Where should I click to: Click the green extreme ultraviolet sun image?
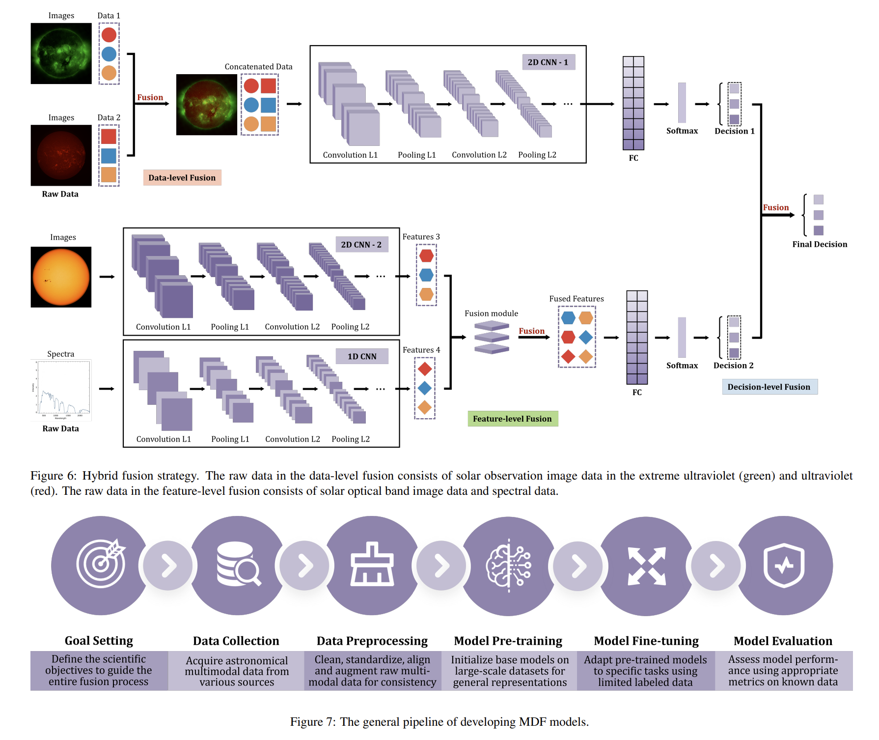pyautogui.click(x=61, y=54)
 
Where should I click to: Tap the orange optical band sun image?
pyautogui.click(x=61, y=277)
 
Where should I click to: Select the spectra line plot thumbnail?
pyautogui.click(x=61, y=390)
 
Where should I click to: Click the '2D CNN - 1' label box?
pyautogui.click(x=548, y=62)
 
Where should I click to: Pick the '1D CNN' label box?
pyautogui.click(x=362, y=356)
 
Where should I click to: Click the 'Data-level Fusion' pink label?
pyautogui.click(x=182, y=178)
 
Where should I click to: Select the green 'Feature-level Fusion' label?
pyautogui.click(x=513, y=419)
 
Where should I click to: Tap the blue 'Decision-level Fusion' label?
pyautogui.click(x=769, y=387)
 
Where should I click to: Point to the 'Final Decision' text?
pyautogui.click(x=820, y=244)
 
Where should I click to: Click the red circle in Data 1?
pyautogui.click(x=109, y=35)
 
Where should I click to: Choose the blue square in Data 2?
pyautogui.click(x=109, y=156)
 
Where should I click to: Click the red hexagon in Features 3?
pyautogui.click(x=426, y=256)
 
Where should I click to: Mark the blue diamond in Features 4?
pyautogui.click(x=425, y=388)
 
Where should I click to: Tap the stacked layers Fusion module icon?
pyautogui.click(x=492, y=337)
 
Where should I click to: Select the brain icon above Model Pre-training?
pyautogui.click(x=508, y=566)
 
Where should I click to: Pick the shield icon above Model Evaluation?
pyautogui.click(x=784, y=565)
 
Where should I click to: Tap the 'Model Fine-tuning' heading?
pyautogui.click(x=646, y=641)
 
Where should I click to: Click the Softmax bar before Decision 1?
pyautogui.click(x=682, y=103)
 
